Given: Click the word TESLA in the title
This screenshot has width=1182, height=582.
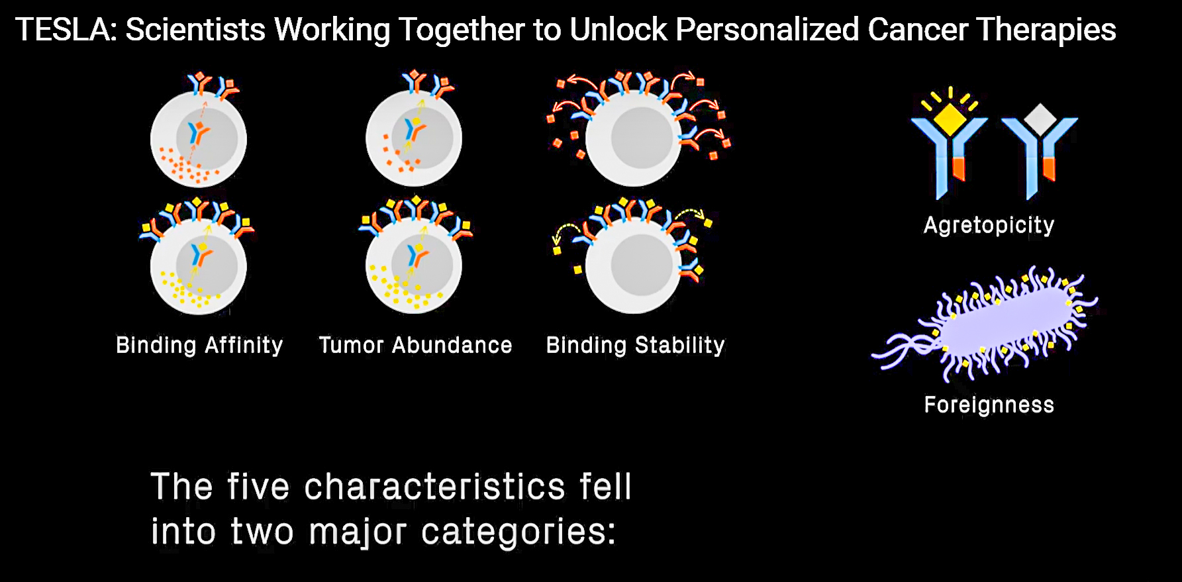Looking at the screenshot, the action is click(x=66, y=30).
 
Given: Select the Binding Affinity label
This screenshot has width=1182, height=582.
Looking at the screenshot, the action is click(x=199, y=346).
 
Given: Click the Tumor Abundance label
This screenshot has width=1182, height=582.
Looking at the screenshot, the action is click(x=415, y=346).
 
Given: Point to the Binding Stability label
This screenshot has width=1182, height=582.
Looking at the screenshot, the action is click(x=635, y=346).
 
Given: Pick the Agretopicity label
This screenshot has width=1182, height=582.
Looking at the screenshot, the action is click(x=989, y=225).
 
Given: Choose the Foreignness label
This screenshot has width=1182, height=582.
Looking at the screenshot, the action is click(x=989, y=405).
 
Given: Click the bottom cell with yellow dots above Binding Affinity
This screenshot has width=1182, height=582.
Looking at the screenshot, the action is click(x=199, y=266).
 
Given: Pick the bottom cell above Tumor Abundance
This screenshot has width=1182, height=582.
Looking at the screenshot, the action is click(x=414, y=265).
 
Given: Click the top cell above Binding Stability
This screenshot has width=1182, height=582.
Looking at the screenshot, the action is click(x=634, y=138).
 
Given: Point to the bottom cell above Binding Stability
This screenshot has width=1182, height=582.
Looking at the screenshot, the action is click(x=634, y=265).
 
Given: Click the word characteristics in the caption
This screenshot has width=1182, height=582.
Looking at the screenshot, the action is click(x=434, y=487).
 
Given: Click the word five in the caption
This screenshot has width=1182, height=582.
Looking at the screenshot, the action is click(x=258, y=487).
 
